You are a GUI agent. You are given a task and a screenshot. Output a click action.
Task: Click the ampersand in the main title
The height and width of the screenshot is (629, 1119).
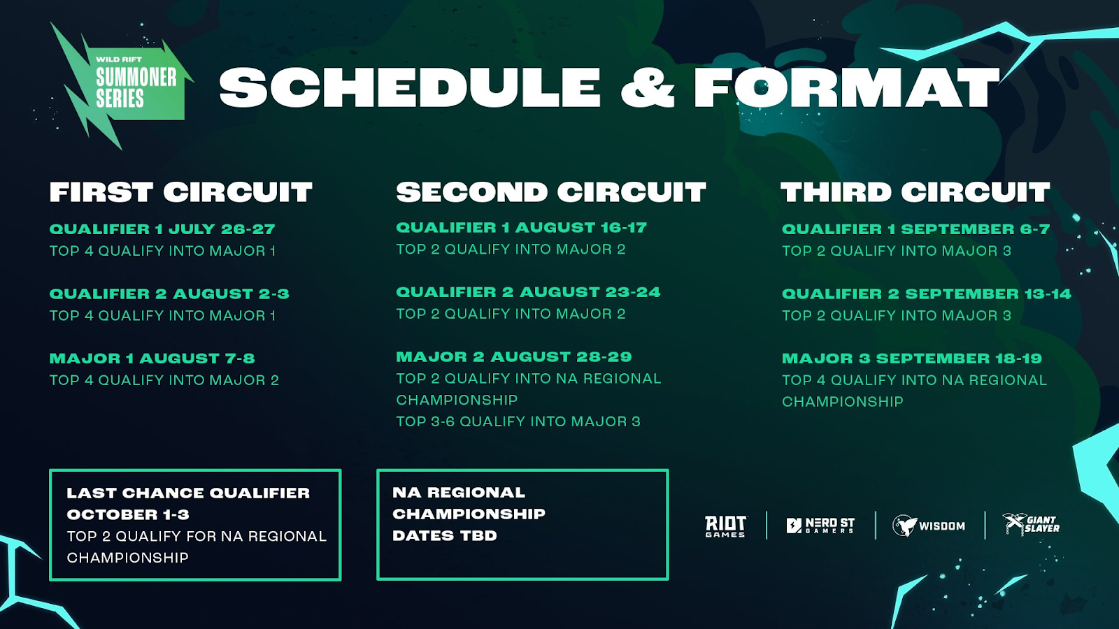click(x=648, y=87)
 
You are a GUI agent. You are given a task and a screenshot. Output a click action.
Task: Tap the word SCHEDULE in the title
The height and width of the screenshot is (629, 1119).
click(x=410, y=87)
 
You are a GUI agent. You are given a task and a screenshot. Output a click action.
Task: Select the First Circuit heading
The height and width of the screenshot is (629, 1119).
click(x=181, y=192)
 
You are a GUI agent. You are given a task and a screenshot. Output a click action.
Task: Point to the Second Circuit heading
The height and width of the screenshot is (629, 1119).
click(x=551, y=192)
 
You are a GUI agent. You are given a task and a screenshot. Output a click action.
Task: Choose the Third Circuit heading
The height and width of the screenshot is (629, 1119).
click(x=915, y=192)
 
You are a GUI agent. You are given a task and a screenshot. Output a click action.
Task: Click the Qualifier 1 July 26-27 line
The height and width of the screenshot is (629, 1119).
click(x=162, y=229)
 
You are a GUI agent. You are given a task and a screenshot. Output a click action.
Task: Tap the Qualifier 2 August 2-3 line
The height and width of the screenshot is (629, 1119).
click(x=169, y=294)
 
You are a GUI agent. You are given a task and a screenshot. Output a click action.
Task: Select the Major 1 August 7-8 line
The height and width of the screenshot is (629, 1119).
click(x=152, y=359)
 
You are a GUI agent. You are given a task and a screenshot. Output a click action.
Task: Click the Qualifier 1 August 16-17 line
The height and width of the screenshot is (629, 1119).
click(x=522, y=228)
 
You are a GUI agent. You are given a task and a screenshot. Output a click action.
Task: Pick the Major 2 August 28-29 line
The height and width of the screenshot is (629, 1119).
click(x=514, y=357)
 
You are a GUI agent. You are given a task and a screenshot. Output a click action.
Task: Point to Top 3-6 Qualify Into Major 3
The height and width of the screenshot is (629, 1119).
click(x=518, y=422)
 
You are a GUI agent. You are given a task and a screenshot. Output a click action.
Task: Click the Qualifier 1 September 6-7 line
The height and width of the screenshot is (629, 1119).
click(x=915, y=229)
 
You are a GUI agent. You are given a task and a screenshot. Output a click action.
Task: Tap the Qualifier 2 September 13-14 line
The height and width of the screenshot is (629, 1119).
click(x=927, y=294)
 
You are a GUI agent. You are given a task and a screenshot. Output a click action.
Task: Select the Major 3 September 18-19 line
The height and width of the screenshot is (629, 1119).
click(x=912, y=359)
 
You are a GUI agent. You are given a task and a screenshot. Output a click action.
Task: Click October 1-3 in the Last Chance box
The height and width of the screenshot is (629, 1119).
click(x=128, y=514)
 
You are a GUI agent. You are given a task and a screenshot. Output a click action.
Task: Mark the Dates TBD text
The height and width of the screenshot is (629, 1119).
click(x=445, y=535)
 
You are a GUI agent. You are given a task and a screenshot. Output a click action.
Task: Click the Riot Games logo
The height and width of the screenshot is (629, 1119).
click(x=726, y=526)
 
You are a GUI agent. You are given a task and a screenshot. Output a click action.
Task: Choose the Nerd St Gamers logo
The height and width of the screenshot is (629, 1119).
click(x=820, y=526)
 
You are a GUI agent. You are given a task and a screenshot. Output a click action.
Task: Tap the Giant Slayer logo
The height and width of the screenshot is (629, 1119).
click(x=1031, y=524)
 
